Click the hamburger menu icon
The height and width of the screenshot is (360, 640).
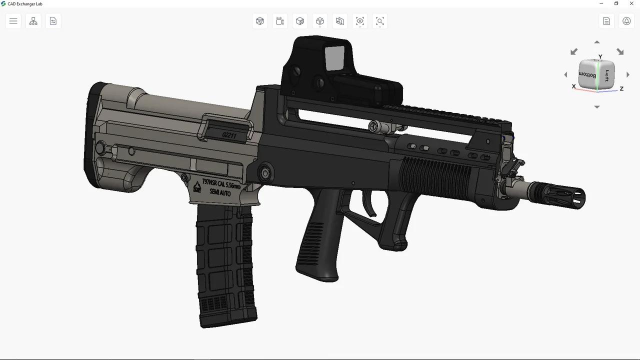tap(13, 21)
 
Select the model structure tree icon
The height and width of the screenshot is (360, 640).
tap(33, 21)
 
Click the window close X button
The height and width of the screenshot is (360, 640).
tap(631, 3)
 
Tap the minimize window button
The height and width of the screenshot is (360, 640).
tap(601, 3)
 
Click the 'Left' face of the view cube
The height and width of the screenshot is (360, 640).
tap(607, 75)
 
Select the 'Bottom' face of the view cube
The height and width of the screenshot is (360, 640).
tap(587, 75)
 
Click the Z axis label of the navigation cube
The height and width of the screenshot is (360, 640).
tap(621, 88)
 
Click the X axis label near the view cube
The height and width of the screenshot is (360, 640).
tap(573, 86)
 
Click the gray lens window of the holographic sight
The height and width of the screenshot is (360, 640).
tap(335, 58)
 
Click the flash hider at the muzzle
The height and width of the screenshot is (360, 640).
tap(560, 195)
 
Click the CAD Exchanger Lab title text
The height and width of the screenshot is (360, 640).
tap(25, 4)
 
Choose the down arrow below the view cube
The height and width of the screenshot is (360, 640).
tap(596, 107)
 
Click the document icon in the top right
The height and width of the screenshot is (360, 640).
tap(606, 21)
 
